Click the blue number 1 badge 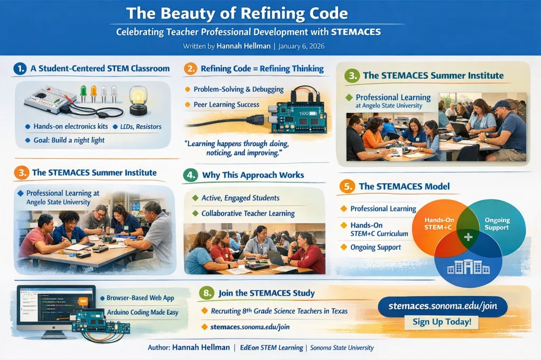(20, 69)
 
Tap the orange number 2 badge (190, 69)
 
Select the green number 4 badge (191, 175)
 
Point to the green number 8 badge (207, 293)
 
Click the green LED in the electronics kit (83, 93)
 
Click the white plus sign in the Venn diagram (468, 237)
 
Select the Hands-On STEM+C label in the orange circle (439, 223)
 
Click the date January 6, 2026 (301, 46)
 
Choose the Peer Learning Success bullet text (226, 105)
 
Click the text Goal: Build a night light (69, 140)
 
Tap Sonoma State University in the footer (342, 347)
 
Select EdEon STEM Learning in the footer (272, 347)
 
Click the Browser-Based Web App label (140, 298)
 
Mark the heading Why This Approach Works (253, 175)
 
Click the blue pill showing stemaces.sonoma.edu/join (443, 306)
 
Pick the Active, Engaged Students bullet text (240, 198)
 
